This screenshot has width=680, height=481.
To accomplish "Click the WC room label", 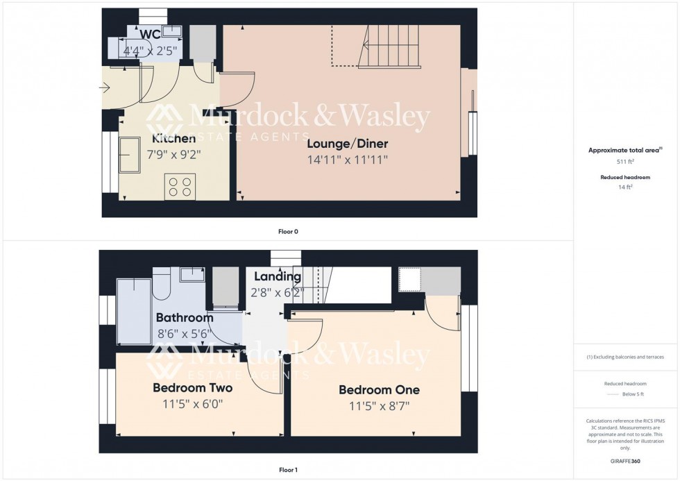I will coord(151,35).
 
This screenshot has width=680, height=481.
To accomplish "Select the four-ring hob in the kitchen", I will coord(180,186).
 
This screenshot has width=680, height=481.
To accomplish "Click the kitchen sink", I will coord(130,154).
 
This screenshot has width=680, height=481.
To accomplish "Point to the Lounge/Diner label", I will coord(348,144).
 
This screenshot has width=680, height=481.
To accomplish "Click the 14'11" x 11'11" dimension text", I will coord(348,160).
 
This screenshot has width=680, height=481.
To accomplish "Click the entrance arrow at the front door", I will coord(105,87).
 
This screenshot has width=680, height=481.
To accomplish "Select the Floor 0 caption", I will coord(287,231).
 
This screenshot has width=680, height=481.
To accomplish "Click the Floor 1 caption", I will coord(287,470).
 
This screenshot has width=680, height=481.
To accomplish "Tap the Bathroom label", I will coord(184,319).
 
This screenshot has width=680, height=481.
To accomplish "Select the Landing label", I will coord(277,277).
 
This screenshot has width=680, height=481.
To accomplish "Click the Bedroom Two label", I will coord(192,387).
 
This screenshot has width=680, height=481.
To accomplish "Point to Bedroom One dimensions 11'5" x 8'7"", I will coord(379,406).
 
